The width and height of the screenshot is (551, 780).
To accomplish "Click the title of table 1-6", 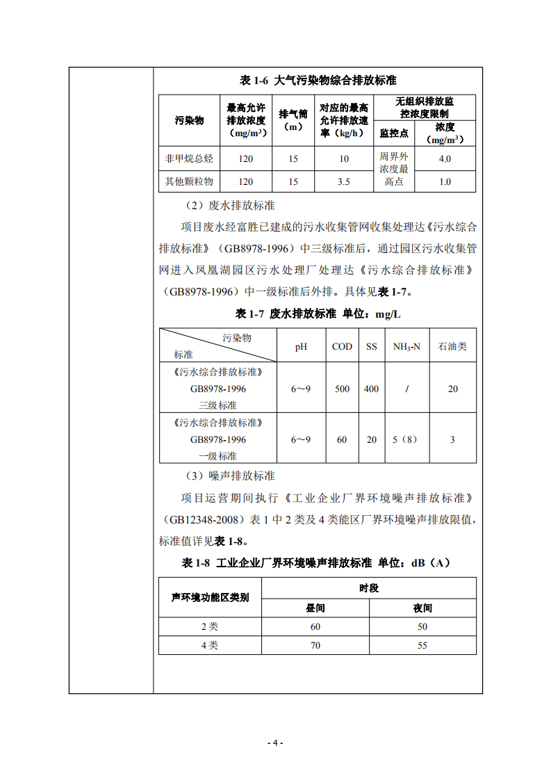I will pos(318,81).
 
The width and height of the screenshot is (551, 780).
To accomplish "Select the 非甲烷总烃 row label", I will pos(189,159).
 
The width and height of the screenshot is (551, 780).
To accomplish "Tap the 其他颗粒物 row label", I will pos(189,181).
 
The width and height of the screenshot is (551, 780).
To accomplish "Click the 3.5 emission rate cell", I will pos(344,181).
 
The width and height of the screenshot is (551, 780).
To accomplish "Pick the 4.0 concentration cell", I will pos(445,159).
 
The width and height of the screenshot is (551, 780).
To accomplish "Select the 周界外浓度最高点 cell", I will pos(394,170).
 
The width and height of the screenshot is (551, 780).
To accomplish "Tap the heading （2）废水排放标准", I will pos(230,206).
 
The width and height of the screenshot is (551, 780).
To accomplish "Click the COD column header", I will pos(342,346).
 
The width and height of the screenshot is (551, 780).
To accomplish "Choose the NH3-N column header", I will pos(406,346).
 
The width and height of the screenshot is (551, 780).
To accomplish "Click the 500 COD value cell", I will pos(342,389).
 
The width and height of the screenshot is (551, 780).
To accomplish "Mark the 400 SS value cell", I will pos(372,389).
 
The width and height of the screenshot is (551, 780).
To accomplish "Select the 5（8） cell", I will pos(406,439).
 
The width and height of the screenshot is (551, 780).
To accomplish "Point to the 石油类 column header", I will pos(452,346).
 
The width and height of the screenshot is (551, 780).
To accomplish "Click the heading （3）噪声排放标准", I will pos(230,476).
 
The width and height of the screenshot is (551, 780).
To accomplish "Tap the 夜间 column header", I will pos(422,608).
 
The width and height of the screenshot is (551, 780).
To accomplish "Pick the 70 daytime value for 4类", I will pos(315,645).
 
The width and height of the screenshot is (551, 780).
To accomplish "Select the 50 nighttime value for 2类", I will pos(422,626).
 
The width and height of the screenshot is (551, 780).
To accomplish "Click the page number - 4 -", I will pos(275,743).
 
